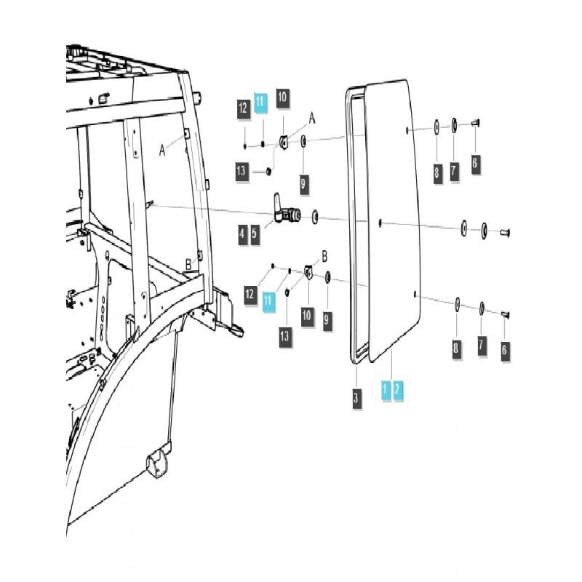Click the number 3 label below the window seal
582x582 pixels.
[356, 399]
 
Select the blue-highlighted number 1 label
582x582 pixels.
[384, 390]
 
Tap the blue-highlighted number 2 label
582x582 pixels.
[397, 390]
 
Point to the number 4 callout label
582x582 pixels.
[242, 234]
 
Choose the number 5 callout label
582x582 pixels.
[255, 234]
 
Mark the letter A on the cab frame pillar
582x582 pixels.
[163, 149]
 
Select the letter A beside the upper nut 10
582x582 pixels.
[313, 117]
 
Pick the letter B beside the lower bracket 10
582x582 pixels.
[324, 256]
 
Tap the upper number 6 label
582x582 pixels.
[474, 162]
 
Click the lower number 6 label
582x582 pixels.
[504, 350]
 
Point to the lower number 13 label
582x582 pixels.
[284, 335]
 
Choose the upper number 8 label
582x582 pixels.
[436, 172]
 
